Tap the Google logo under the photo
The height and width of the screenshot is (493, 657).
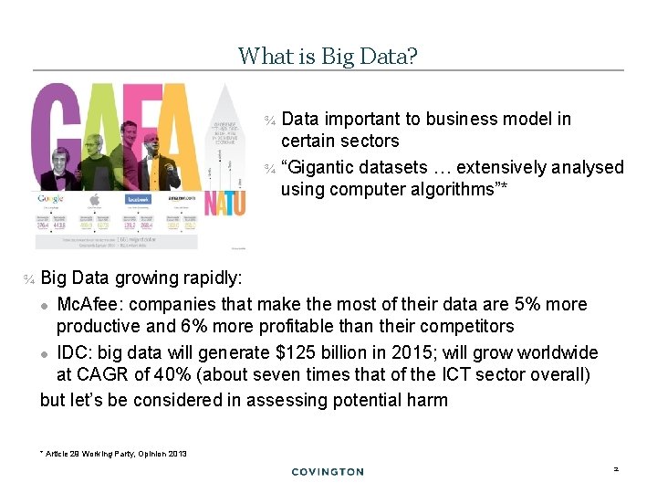pyautogui.click(x=52, y=198)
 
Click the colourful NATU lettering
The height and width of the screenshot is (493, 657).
pyautogui.click(x=224, y=202)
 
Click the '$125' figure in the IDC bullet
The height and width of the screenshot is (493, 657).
pyautogui.click(x=296, y=352)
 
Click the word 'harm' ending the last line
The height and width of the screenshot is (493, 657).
pyautogui.click(x=427, y=400)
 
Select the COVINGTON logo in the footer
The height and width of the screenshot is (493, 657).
pyautogui.click(x=328, y=472)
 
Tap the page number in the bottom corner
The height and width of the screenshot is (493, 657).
pyautogui.click(x=615, y=468)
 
